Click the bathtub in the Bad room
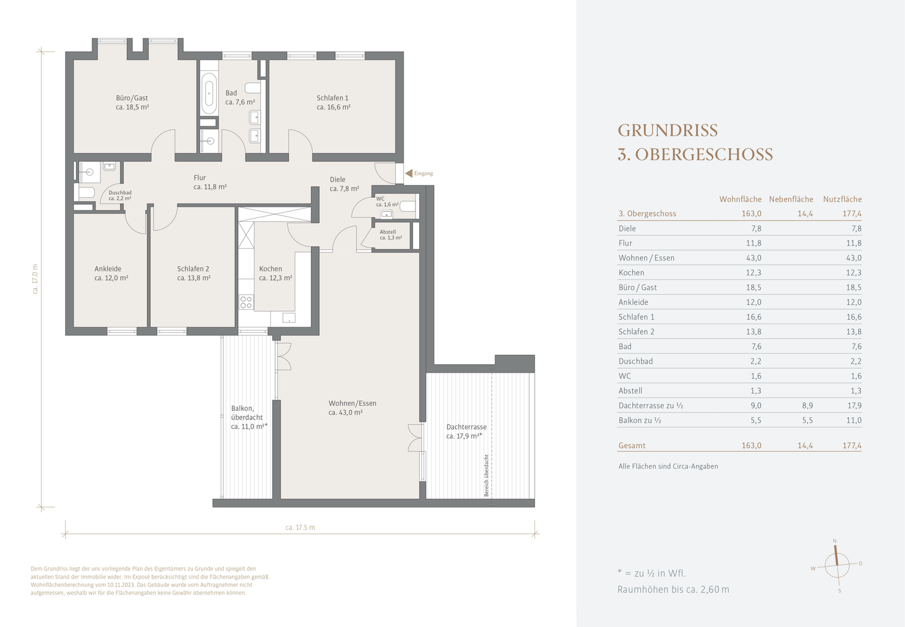click(209, 94)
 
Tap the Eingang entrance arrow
click(409, 173)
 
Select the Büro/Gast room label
click(132, 98)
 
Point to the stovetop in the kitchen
click(246, 302)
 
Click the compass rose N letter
click(835, 541)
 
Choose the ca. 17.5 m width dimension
click(300, 527)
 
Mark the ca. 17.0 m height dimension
click(35, 279)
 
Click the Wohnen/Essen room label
click(353, 403)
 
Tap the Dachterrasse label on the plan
click(466, 427)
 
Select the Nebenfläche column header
click(791, 199)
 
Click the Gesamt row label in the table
click(632, 445)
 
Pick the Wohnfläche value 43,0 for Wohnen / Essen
click(754, 258)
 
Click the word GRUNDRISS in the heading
click(668, 131)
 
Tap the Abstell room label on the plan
click(388, 232)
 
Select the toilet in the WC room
click(409, 207)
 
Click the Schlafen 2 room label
click(193, 269)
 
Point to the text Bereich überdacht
click(486, 476)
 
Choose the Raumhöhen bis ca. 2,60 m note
click(674, 589)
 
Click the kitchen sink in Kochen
click(289, 318)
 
